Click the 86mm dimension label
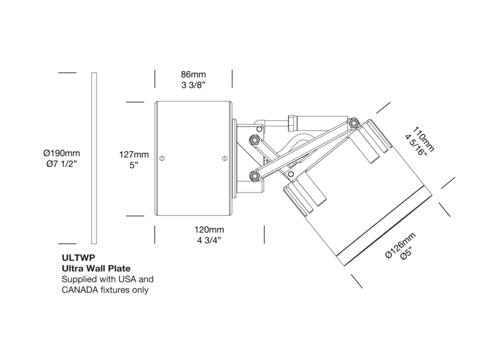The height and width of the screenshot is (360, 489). tap(193, 75)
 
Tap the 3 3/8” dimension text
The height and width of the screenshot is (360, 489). tap(193, 85)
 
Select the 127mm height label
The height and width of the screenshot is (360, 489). tap(134, 155)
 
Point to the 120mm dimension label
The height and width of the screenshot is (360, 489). tap(209, 230)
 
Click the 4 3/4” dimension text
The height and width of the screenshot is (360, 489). tap(209, 241)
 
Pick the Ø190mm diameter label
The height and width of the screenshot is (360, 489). tap(62, 153)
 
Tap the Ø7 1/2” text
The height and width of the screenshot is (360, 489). tap(62, 164)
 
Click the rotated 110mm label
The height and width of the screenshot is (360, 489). tap(424, 139)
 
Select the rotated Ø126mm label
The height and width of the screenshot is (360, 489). tap(401, 246)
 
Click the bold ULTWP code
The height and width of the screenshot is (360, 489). tap(74, 258)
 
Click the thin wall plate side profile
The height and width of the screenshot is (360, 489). tap(94, 158)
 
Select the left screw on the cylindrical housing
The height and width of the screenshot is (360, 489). tap(161, 158)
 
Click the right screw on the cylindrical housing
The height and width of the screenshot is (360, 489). tap(224, 158)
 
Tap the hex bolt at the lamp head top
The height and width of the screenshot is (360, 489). tap(353, 123)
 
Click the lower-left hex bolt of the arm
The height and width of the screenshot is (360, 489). tap(254, 176)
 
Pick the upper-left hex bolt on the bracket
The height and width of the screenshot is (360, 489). tap(254, 139)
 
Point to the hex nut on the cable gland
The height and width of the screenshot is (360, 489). tap(292, 123)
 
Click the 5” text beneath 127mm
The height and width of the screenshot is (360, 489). tap(134, 165)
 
